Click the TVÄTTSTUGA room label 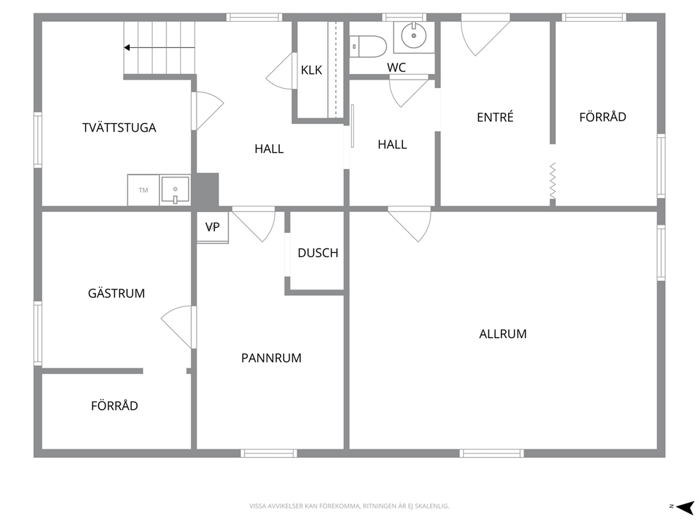pyautogui.click(x=119, y=128)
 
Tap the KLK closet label pyautogui.click(x=311, y=70)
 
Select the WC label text pyautogui.click(x=396, y=68)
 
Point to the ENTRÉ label pyautogui.click(x=495, y=117)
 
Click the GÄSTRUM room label pyautogui.click(x=116, y=294)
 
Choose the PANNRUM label pyautogui.click(x=271, y=358)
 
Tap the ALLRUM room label pyautogui.click(x=503, y=334)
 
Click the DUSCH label pyautogui.click(x=318, y=253)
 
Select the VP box pyautogui.click(x=213, y=227)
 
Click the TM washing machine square pyautogui.click(x=143, y=190)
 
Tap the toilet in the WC pyautogui.click(x=368, y=46)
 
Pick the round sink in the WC pyautogui.click(x=414, y=35)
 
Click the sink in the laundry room pyautogui.click(x=175, y=190)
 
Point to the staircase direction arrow pyautogui.click(x=159, y=48)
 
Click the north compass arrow pyautogui.click(x=685, y=506)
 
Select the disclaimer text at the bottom pyautogui.click(x=349, y=506)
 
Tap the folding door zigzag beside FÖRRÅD pyautogui.click(x=552, y=180)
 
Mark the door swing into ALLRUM pyautogui.click(x=410, y=224)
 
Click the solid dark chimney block pyautogui.click(x=206, y=189)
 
